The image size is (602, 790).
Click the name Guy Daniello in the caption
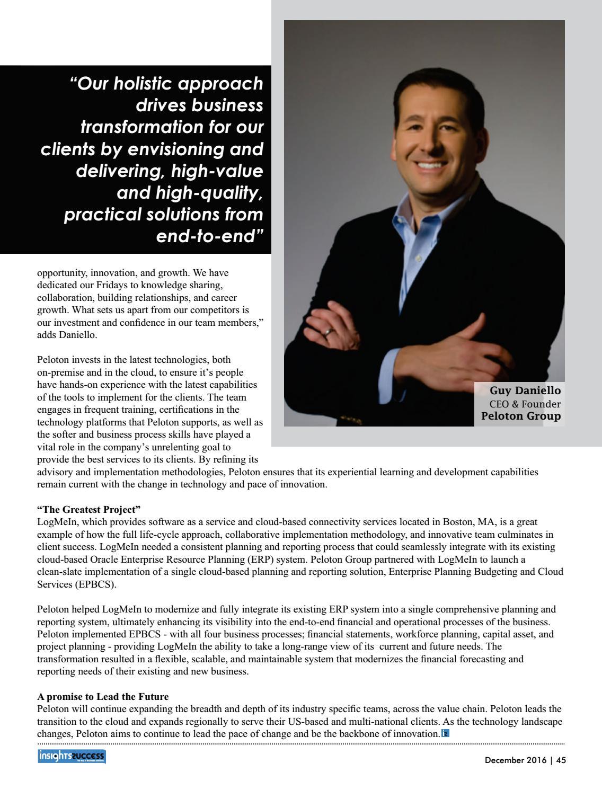click(x=525, y=390)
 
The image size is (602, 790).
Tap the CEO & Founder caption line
click(x=525, y=404)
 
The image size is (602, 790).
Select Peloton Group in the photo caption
click(x=520, y=416)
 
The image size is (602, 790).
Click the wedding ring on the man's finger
click(x=329, y=332)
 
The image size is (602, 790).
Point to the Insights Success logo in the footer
click(x=72, y=756)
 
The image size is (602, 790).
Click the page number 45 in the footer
click(x=561, y=760)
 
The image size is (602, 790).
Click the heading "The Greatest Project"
click(x=88, y=510)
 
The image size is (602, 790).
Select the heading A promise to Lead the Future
click(x=103, y=696)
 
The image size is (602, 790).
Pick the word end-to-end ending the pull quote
click(x=210, y=236)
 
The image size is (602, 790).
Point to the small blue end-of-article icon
click(x=445, y=734)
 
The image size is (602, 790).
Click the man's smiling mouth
click(x=430, y=166)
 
